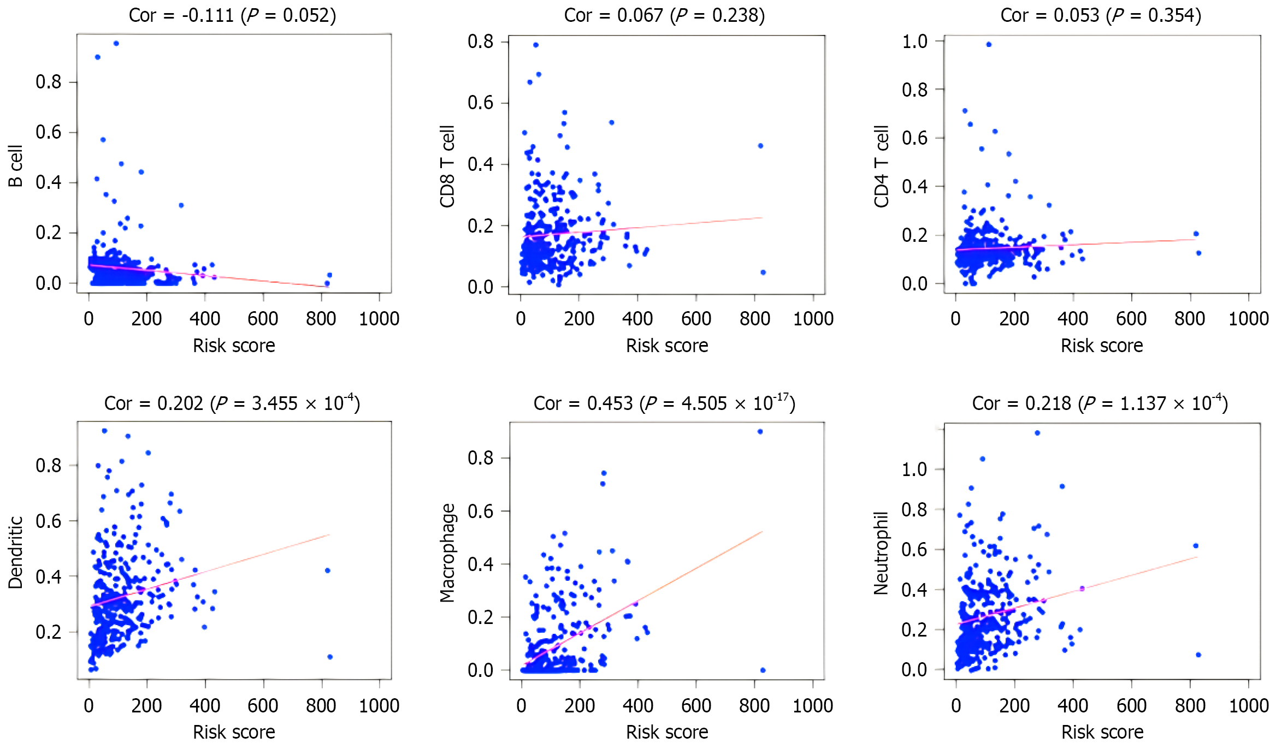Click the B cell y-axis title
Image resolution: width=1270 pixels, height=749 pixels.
(x=15, y=166)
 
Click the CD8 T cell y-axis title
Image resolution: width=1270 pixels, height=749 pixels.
(x=447, y=167)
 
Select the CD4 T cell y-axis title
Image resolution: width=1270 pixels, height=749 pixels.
(x=881, y=167)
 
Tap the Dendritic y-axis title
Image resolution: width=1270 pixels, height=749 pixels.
(x=15, y=552)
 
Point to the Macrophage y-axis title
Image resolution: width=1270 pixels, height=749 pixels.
(x=447, y=552)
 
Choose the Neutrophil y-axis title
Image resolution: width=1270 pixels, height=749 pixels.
(x=881, y=552)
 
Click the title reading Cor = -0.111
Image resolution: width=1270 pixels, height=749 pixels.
(x=232, y=15)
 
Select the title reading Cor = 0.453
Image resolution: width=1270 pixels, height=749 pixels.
(x=664, y=403)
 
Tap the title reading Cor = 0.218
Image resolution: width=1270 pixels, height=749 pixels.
(x=1100, y=403)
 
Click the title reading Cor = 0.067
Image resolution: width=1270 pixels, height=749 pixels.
(x=664, y=15)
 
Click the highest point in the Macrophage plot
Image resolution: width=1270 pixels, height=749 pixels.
(x=760, y=432)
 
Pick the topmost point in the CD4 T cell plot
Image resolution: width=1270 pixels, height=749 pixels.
(x=989, y=45)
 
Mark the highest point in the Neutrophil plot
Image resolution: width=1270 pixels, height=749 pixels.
(x=1037, y=433)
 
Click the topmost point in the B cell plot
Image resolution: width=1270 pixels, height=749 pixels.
(x=116, y=44)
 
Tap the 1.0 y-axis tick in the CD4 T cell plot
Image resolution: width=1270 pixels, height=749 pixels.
(x=914, y=41)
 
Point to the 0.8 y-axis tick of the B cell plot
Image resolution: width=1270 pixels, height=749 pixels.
(x=48, y=82)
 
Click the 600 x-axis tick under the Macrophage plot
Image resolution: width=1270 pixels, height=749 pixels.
(x=696, y=705)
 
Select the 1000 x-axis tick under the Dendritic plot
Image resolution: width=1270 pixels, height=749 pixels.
(x=379, y=705)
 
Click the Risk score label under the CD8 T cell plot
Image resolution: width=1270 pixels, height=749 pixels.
(x=667, y=346)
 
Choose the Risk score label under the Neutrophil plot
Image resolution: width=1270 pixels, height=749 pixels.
(x=1102, y=732)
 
